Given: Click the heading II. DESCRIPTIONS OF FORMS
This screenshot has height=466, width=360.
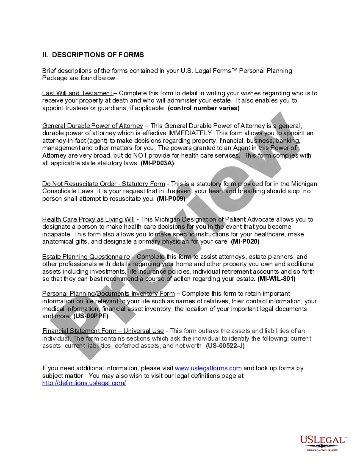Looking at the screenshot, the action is [93, 55].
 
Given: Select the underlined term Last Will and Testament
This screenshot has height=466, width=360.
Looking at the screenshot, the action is [77, 93].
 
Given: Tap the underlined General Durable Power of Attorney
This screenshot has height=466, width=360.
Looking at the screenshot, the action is [92, 126].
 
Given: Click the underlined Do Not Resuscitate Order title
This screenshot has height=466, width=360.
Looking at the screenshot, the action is [103, 184].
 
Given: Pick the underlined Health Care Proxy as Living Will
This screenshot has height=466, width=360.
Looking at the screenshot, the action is [88, 219].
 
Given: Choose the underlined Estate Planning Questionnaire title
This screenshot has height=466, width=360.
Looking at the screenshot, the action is [86, 257].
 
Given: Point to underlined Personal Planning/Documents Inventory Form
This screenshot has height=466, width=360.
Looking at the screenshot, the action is [108, 294].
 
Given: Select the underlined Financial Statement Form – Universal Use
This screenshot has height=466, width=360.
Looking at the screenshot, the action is [103, 331].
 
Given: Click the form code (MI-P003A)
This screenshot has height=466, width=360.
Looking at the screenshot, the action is [157, 163].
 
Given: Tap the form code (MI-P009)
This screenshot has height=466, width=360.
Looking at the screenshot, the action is [171, 199].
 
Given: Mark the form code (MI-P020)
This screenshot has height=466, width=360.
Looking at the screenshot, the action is [245, 242].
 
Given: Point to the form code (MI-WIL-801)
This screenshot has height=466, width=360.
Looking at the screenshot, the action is [277, 279].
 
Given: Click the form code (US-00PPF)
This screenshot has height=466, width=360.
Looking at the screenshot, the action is [91, 316].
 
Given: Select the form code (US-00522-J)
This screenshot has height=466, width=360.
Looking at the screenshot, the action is [225, 346].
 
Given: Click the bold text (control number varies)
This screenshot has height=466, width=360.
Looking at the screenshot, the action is [204, 108].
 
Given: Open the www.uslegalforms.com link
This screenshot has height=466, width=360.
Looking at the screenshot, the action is [208, 368].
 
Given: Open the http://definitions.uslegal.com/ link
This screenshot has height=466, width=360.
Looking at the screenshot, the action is [84, 383].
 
